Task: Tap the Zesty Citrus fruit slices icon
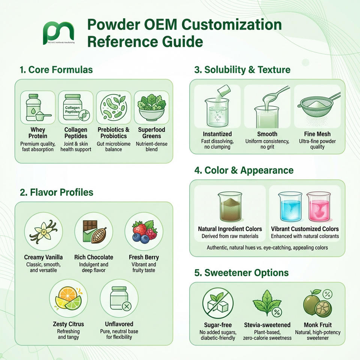[68, 298]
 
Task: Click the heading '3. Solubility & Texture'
[242, 70]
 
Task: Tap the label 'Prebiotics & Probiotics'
[114, 133]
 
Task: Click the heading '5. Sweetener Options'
[241, 273]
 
